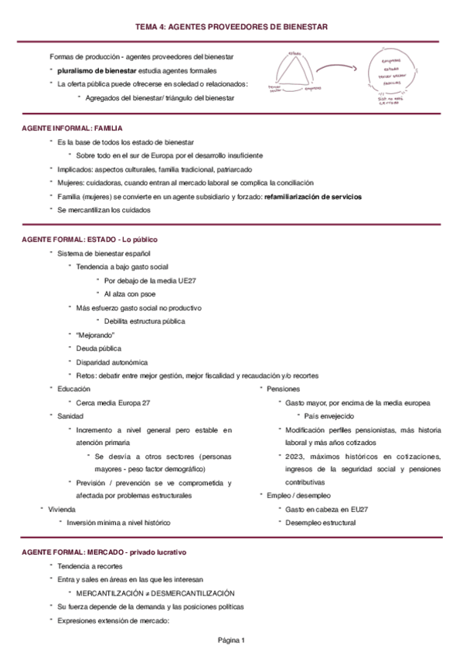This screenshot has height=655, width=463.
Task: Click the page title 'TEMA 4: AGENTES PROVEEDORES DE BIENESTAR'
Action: coord(231,27)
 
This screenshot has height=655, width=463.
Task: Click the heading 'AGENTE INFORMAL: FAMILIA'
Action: coord(73,127)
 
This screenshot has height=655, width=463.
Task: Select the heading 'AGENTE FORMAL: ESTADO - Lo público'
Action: coord(90,239)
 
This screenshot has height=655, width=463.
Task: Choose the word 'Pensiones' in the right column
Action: coord(283,389)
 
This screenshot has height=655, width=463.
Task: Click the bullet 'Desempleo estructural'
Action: coord(321,523)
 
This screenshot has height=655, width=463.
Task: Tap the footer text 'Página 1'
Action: coord(231,640)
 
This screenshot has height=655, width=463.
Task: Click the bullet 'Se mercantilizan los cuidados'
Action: coord(104,210)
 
